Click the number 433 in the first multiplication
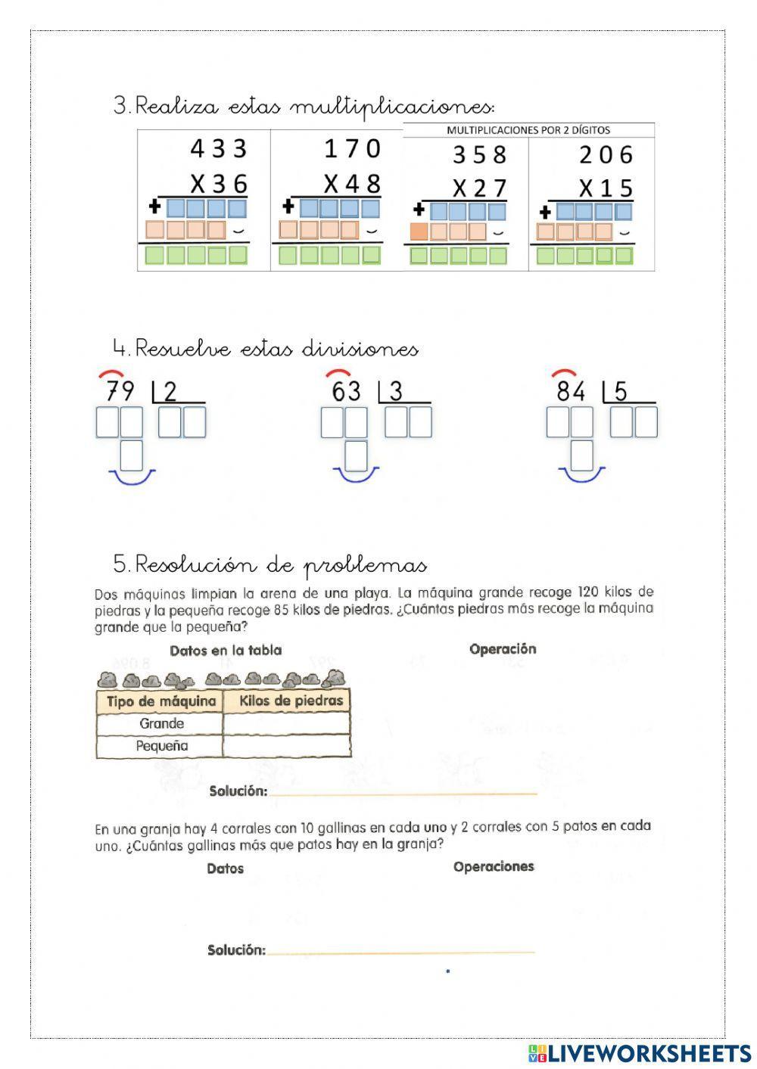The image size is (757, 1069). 219,148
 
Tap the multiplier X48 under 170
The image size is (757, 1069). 352,184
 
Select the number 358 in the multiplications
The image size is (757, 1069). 479,155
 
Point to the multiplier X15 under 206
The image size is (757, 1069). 606,188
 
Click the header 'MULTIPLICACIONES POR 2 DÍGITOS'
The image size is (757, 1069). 528,130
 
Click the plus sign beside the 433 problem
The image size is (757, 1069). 155,207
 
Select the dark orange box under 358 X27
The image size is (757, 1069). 419,232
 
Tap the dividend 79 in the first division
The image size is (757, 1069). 120,391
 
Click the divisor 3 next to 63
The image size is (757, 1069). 396,391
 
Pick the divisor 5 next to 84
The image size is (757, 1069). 621,391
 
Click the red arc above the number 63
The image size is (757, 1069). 338,373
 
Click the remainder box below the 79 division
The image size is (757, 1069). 132,455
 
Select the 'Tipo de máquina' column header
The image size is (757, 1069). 160,701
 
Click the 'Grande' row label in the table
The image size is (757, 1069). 161,723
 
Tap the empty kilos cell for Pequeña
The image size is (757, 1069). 286,746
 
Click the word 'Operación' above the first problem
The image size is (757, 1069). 503,649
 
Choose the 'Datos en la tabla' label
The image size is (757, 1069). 226,651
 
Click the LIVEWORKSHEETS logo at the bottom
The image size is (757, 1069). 640,1052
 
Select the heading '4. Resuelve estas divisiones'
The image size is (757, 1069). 265,349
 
